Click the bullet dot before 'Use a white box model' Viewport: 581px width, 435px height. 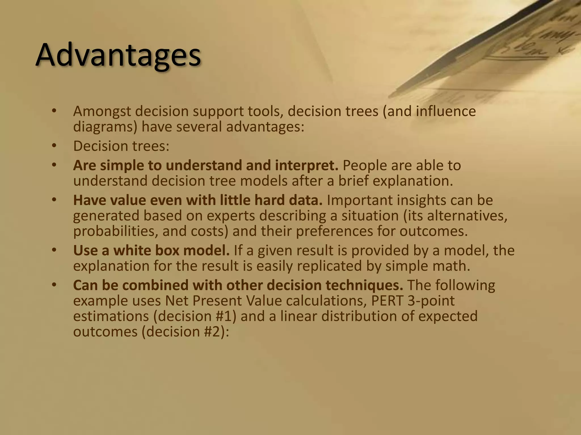point(54,250)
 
